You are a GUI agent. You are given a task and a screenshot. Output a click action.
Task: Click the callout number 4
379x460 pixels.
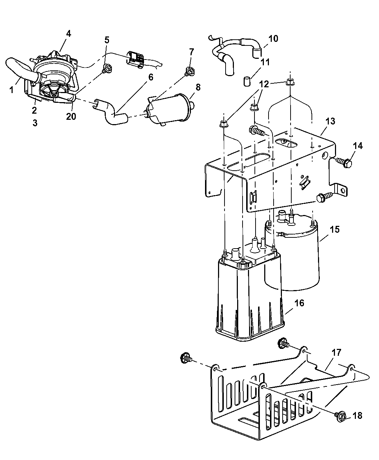(x=69, y=34)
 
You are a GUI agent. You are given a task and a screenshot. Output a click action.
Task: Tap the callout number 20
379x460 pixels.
(x=71, y=116)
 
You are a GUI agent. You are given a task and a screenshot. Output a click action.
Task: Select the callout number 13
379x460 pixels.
(x=330, y=121)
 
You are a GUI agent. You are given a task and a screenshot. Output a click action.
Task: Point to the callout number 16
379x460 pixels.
(x=299, y=303)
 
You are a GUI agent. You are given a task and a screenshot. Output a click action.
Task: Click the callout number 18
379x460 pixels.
(x=357, y=416)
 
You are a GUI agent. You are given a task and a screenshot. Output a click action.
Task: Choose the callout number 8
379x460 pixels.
(x=198, y=87)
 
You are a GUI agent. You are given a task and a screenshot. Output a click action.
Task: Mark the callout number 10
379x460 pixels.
(x=273, y=39)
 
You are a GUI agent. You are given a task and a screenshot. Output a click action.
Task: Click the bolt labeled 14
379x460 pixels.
(x=344, y=163)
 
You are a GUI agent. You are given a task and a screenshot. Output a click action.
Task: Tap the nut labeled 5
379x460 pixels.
(x=107, y=67)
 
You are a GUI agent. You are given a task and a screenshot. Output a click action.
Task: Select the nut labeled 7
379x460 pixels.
(x=190, y=71)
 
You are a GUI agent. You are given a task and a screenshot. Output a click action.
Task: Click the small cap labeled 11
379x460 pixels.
(x=247, y=81)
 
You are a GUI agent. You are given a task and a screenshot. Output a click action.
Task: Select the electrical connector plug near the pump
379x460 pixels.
(x=135, y=59)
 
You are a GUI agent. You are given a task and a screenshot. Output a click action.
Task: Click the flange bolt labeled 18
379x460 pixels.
(x=340, y=416)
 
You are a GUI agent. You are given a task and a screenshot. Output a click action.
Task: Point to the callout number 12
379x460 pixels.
(x=264, y=84)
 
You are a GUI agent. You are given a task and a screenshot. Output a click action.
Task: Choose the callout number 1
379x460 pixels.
(x=12, y=90)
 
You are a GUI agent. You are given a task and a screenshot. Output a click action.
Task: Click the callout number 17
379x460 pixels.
(x=336, y=353)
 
